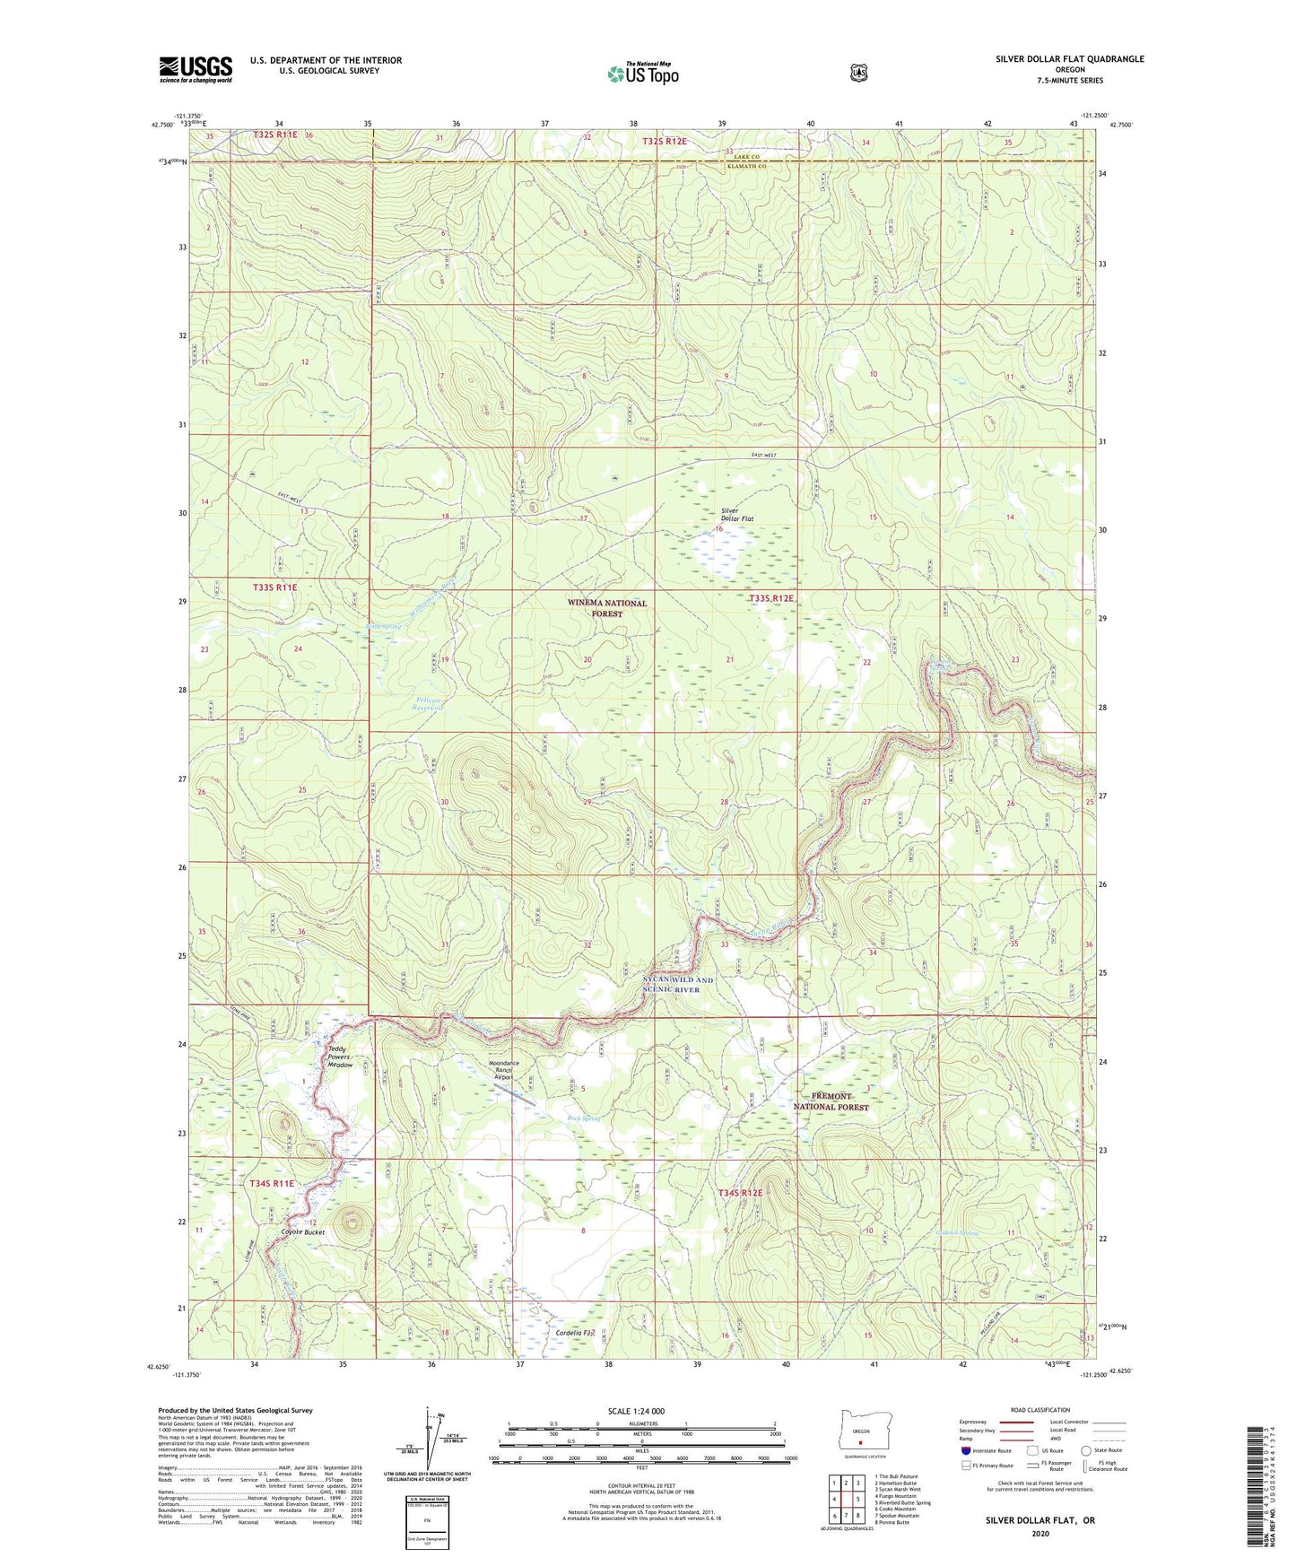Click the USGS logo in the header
196,69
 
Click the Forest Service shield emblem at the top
859,73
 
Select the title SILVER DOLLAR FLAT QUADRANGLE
1069,59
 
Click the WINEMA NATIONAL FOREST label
607,608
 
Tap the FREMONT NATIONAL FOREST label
831,1101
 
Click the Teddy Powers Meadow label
340,1057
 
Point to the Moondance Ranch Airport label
503,1070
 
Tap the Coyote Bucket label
303,1232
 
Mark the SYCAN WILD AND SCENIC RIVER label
678,984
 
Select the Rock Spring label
583,1118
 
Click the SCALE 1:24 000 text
636,1412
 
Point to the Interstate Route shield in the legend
965,1450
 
